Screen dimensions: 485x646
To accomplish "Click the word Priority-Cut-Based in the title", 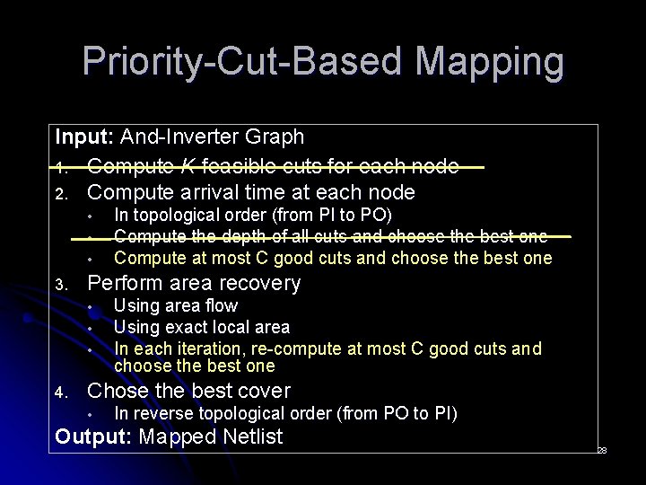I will [223, 63].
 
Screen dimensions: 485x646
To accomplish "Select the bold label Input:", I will [84, 137].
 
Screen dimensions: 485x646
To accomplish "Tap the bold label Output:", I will [92, 437].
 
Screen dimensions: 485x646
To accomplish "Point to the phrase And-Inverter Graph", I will [212, 137].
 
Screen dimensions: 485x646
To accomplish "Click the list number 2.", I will [60, 193].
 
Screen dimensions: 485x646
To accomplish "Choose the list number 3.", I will [60, 285].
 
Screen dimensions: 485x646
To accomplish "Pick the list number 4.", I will [60, 392].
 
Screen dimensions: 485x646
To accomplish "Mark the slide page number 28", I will [602, 451].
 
